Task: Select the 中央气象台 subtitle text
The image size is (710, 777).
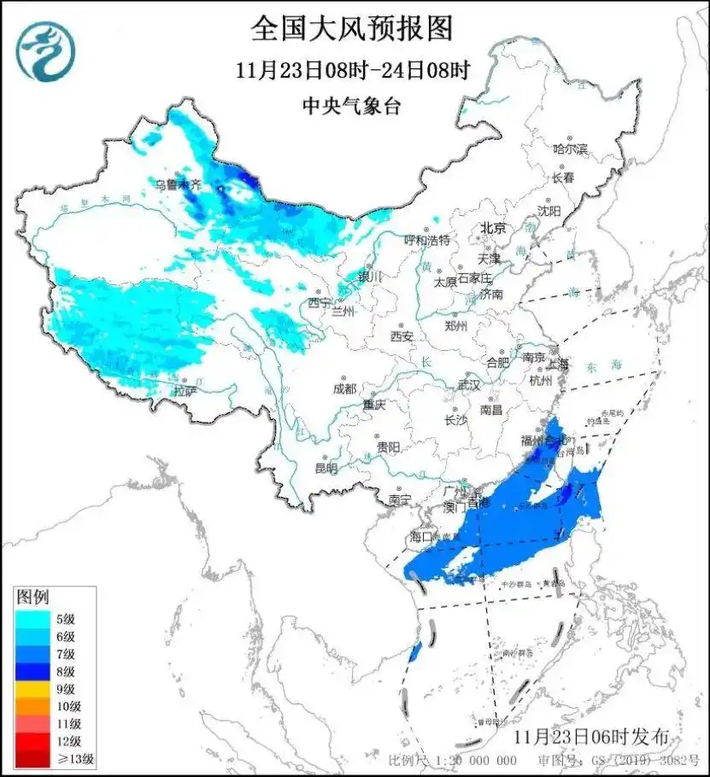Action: (351, 106)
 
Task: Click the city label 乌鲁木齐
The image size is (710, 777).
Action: (178, 184)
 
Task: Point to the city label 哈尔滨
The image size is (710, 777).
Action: (570, 149)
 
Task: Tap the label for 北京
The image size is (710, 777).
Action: (493, 228)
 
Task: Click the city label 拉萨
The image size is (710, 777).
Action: (185, 390)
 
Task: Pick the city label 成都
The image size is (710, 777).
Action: (345, 389)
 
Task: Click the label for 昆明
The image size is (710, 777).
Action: (326, 468)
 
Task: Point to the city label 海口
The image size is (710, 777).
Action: (423, 536)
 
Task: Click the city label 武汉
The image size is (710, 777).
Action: (469, 385)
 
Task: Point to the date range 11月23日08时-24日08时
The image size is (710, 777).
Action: (351, 70)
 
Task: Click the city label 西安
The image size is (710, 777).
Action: (402, 336)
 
